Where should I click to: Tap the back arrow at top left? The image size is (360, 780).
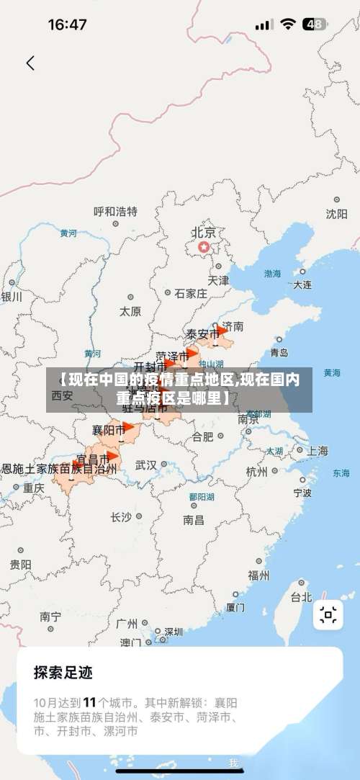click(x=30, y=63)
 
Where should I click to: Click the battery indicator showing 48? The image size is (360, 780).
click(x=314, y=24)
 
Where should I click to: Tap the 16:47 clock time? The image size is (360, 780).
click(x=67, y=24)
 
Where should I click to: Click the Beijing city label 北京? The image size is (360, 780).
click(x=204, y=233)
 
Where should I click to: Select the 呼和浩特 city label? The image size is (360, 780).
click(x=115, y=212)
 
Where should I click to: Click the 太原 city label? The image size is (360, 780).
click(x=130, y=312)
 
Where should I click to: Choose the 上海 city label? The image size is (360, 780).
click(x=317, y=451)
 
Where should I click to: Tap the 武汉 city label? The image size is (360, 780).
click(x=146, y=465)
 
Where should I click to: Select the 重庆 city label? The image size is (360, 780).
click(x=33, y=488)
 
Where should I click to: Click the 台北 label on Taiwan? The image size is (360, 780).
click(x=301, y=596)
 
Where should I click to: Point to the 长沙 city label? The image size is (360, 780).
click(x=121, y=516)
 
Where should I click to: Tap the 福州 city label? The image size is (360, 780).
click(x=258, y=575)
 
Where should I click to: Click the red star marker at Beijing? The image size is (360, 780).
click(x=204, y=247)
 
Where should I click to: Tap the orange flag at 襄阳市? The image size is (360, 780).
click(x=127, y=426)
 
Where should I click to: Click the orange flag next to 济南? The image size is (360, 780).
click(x=221, y=331)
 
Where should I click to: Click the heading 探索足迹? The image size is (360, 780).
click(x=63, y=673)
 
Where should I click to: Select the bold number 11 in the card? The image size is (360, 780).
click(x=90, y=701)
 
